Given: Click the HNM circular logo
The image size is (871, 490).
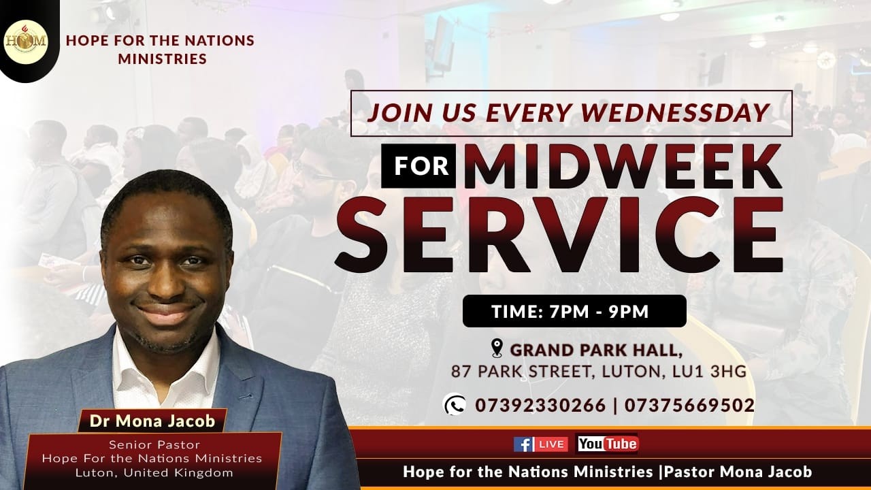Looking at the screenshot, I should pyautogui.click(x=27, y=40).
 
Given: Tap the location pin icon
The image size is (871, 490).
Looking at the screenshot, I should pyautogui.click(x=497, y=349).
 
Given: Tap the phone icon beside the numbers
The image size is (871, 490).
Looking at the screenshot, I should pyautogui.click(x=454, y=405).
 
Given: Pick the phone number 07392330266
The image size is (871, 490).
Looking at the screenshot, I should pyautogui.click(x=540, y=406).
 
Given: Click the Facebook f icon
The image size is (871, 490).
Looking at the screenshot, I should pyautogui.click(x=523, y=444).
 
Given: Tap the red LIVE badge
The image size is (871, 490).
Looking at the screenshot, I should pyautogui.click(x=551, y=444).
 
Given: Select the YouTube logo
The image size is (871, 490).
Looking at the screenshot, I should pyautogui.click(x=607, y=444).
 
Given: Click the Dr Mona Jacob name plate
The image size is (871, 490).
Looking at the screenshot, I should pyautogui.click(x=152, y=421).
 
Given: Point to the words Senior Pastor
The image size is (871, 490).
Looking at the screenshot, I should pyautogui.click(x=154, y=445).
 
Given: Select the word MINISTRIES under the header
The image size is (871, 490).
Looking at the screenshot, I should pyautogui.click(x=162, y=59).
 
